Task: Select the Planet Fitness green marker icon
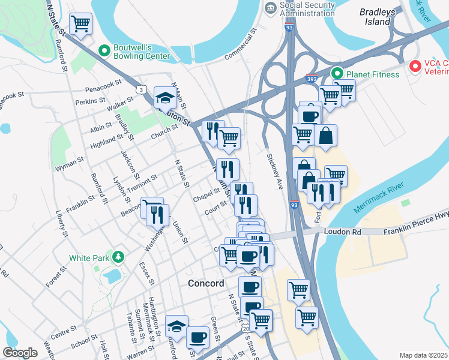tap(337, 74)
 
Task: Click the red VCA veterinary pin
tap(414, 66)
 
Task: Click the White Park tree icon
tap(119, 257)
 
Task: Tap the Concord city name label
tap(206, 283)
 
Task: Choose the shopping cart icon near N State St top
tap(80, 24)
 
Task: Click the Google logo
tap(20, 353)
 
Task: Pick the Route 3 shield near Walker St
tap(140, 89)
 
